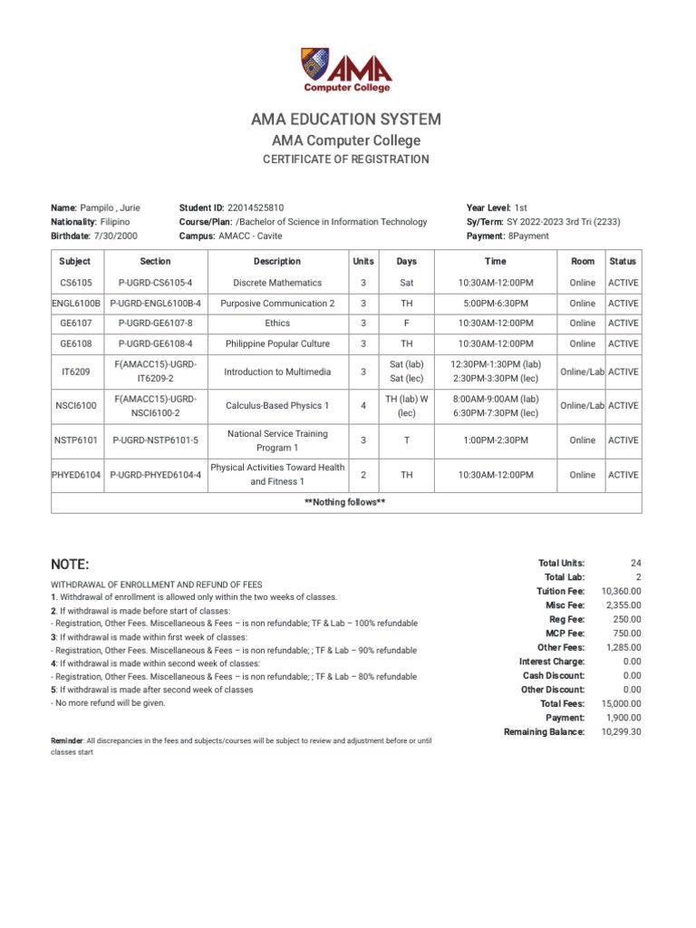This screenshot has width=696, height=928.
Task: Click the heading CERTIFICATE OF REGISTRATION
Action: [346, 159]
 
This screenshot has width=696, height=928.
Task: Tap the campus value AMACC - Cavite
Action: [251, 236]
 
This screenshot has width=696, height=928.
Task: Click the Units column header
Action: [362, 261]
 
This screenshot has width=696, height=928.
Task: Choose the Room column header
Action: [583, 261]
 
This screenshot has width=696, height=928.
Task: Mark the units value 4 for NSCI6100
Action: [362, 406]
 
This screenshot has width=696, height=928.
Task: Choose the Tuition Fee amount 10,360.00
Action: [621, 591]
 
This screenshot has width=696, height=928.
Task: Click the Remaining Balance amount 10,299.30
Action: [621, 731]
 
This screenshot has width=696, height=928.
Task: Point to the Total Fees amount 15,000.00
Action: [621, 703]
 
